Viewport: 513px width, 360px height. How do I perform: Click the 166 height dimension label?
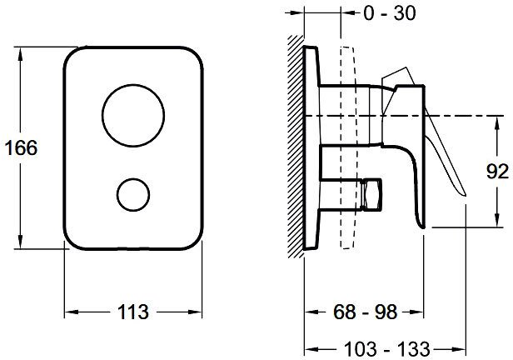(22, 147)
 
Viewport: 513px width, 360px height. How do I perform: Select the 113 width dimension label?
(133, 312)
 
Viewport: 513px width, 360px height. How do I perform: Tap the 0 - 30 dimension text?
(390, 13)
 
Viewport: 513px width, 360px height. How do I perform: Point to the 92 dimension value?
(497, 171)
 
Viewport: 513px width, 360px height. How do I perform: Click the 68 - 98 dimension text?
(365, 312)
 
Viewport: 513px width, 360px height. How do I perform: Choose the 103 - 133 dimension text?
(387, 349)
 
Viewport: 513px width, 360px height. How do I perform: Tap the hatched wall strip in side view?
(296, 147)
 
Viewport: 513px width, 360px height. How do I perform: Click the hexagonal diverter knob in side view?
(372, 194)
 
